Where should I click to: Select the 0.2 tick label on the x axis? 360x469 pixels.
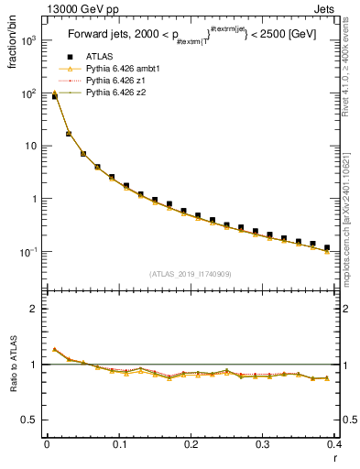(191, 444)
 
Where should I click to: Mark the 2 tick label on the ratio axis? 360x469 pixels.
(35, 309)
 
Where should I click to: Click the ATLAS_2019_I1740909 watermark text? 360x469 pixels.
(191, 274)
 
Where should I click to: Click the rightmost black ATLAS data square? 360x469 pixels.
(327, 247)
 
